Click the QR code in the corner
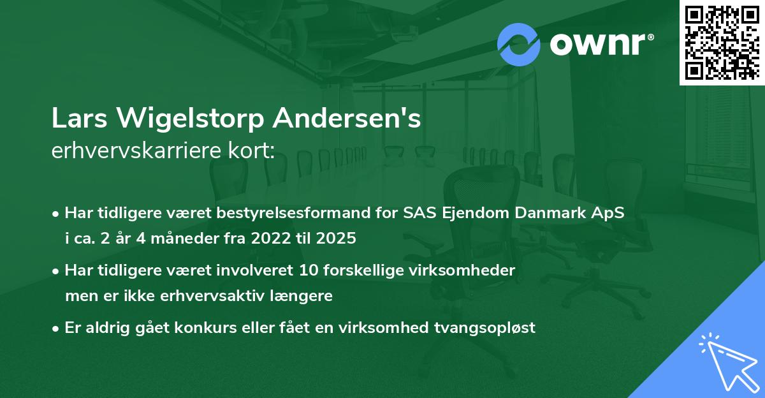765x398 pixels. point(722,42)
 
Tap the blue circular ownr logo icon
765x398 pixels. point(518,44)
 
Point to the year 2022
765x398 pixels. point(269,239)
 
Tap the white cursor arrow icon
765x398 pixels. point(727,361)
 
